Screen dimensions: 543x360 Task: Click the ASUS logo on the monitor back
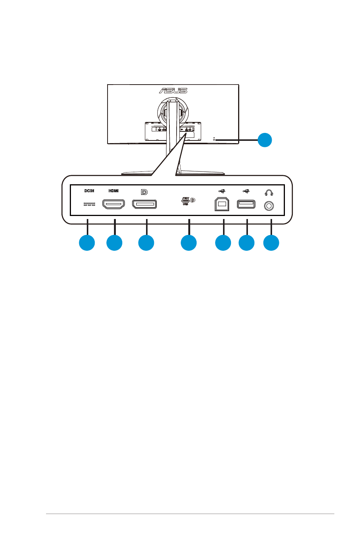click(173, 91)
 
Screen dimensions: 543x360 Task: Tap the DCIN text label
click(89, 191)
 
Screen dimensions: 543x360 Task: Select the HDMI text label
click(114, 191)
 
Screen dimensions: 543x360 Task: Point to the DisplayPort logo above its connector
click(144, 192)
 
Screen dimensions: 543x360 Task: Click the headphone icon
click(269, 193)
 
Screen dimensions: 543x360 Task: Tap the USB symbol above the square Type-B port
click(222, 191)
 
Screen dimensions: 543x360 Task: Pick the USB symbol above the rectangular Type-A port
click(246, 191)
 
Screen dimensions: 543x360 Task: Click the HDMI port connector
click(114, 205)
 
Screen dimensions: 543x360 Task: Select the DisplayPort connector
click(144, 205)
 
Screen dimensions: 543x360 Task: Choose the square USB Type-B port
click(222, 204)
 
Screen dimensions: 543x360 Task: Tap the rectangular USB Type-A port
click(246, 204)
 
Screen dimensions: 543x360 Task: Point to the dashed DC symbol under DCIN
click(89, 204)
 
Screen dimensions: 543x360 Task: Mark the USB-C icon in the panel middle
click(186, 201)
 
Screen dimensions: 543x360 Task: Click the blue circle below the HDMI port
click(114, 243)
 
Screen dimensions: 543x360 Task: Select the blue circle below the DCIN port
click(87, 243)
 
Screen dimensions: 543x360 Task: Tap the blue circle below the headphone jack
click(271, 243)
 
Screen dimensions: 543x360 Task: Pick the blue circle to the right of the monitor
click(265, 140)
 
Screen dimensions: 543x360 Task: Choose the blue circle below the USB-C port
click(189, 243)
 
